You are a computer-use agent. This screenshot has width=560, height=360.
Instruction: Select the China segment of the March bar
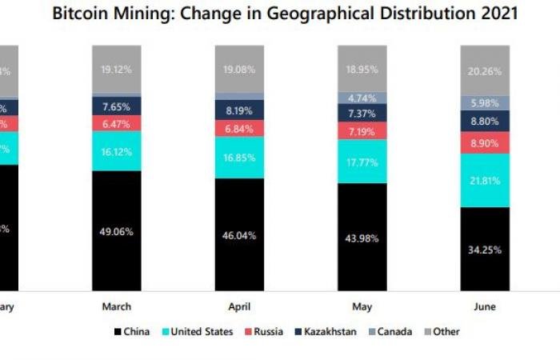[x=117, y=231]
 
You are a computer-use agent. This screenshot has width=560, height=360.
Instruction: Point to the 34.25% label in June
[x=485, y=249]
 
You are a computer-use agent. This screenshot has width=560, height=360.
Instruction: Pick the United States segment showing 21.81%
[x=485, y=180]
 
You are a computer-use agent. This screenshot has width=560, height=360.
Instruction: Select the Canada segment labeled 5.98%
[x=485, y=102]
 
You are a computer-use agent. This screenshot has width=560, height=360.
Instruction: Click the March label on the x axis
[x=117, y=306]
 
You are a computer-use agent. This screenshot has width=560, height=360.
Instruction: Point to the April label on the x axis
[x=239, y=306]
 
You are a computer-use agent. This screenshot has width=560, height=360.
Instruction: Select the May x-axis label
[x=362, y=306]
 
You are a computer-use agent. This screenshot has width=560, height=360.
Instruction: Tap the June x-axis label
[x=485, y=306]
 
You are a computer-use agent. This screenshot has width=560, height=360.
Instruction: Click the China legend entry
[x=134, y=331]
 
